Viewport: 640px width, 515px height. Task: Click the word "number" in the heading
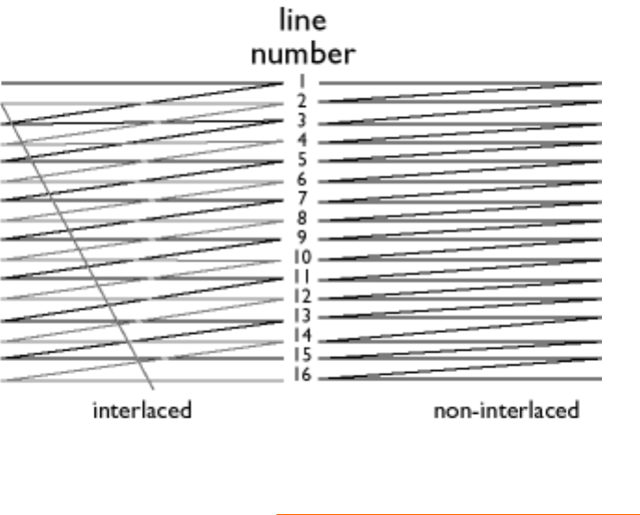click(302, 54)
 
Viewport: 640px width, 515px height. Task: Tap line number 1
click(302, 82)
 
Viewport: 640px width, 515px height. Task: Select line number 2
click(302, 101)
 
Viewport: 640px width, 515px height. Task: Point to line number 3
click(302, 121)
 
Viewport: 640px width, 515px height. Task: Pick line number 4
click(302, 140)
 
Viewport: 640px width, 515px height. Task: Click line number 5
click(302, 160)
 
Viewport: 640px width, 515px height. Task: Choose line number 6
click(302, 179)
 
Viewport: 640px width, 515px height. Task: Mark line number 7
click(302, 199)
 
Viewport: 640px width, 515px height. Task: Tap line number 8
click(302, 219)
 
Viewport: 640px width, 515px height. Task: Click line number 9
click(302, 238)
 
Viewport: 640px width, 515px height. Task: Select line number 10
click(302, 258)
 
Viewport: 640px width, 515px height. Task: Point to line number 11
click(302, 277)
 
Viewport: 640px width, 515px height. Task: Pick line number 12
click(302, 297)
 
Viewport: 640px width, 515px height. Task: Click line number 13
click(302, 316)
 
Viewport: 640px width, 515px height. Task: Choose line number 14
click(302, 336)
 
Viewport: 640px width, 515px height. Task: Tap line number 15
click(302, 355)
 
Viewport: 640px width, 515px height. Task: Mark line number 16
click(302, 376)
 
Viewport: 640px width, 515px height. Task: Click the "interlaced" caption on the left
click(142, 410)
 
